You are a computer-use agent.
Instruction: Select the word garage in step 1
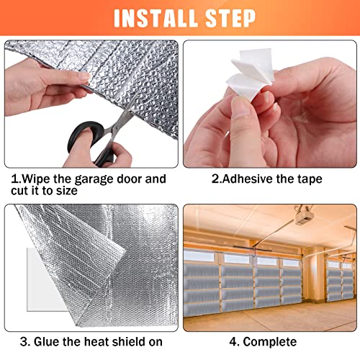click(x=91, y=179)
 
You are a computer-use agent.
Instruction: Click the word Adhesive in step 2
click(x=246, y=179)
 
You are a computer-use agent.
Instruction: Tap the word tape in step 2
click(x=307, y=179)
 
